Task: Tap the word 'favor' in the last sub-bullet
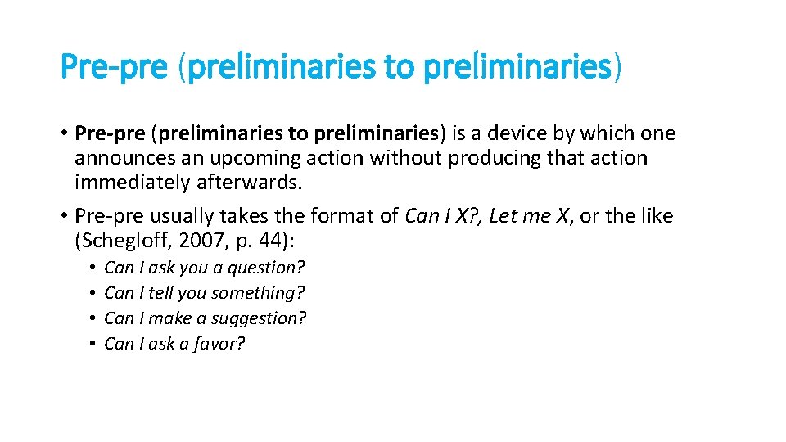(219, 344)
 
